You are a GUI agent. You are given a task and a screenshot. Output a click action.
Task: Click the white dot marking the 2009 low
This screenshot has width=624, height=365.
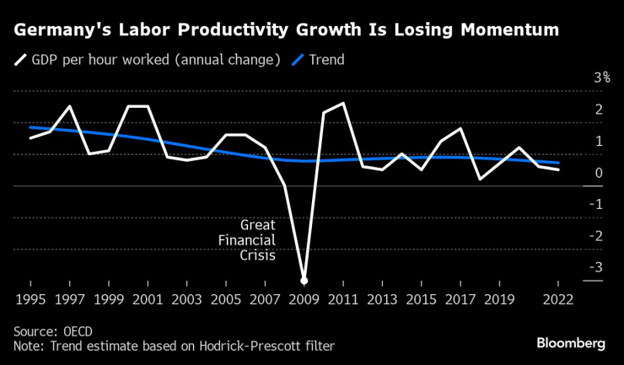[304, 280]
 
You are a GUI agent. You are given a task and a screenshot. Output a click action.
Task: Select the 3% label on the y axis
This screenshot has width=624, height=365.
[578, 78]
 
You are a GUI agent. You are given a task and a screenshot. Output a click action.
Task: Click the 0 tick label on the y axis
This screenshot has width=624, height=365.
[574, 173]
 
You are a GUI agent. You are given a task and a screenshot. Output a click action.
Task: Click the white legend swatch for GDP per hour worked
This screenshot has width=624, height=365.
[20, 60]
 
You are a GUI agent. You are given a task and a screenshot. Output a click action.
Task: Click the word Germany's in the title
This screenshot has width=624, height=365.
[57, 30]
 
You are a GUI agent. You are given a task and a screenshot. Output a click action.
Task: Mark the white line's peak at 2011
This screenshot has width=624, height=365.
[343, 104]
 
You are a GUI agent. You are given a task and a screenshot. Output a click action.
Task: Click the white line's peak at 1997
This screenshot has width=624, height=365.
[69, 106]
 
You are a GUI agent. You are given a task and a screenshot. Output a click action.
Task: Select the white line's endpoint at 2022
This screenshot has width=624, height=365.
[558, 169]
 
